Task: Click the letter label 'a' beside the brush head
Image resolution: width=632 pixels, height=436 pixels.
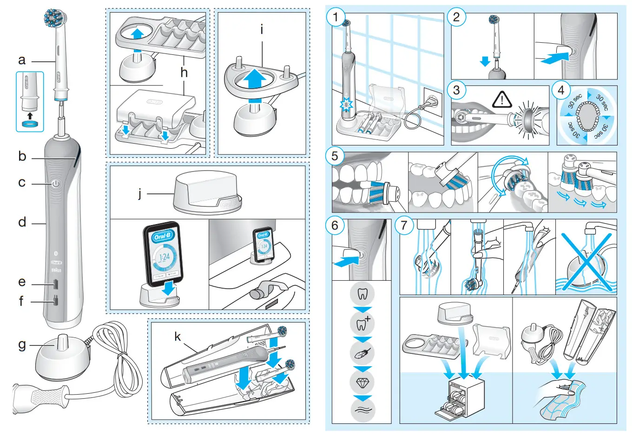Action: point(22,60)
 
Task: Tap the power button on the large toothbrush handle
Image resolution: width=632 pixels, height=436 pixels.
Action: point(56,184)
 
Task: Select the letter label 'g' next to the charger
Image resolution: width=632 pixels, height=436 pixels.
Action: point(22,345)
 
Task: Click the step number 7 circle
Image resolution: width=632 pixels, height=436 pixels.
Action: point(404,226)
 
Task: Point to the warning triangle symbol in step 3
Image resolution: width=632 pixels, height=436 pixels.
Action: point(502,99)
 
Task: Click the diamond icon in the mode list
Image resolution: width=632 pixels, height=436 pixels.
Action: point(362,382)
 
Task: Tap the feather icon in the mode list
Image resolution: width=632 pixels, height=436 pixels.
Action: point(362,353)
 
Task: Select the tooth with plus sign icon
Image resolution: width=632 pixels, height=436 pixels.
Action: point(362,323)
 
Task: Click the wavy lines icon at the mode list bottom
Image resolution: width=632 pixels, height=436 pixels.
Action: point(362,410)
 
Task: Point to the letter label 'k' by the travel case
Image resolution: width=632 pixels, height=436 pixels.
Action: point(178,337)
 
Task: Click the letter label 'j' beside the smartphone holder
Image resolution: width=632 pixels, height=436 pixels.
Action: point(139,193)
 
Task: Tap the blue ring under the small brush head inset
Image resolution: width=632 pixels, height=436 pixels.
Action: point(30,124)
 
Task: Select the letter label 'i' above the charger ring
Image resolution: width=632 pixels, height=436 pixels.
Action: point(262,30)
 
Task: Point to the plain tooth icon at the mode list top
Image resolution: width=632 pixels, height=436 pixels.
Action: point(362,294)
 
